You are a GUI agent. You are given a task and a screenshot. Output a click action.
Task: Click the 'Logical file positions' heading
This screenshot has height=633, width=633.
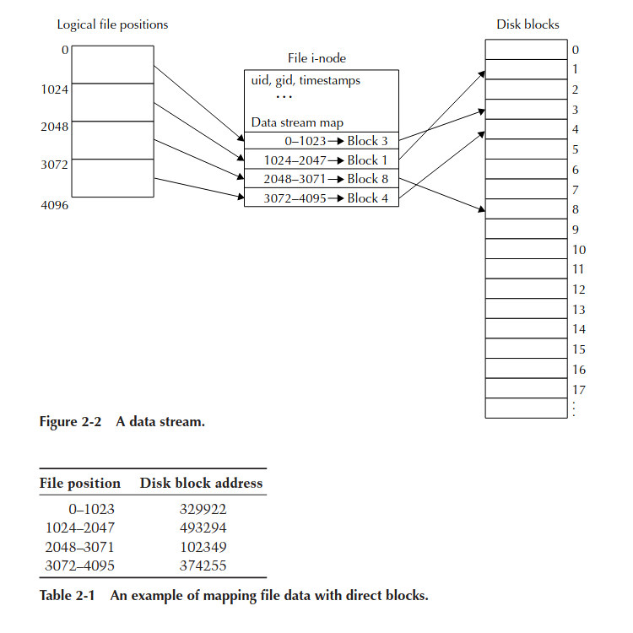tap(112, 24)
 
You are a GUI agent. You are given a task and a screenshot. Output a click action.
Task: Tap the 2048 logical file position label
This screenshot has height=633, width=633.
tap(55, 127)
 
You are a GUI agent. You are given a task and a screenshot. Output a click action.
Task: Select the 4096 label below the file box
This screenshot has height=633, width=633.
tap(55, 205)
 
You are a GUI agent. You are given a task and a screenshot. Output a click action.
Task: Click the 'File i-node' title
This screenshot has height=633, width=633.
tap(316, 58)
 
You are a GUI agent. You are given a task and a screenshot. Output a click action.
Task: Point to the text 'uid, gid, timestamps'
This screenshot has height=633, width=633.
tap(306, 80)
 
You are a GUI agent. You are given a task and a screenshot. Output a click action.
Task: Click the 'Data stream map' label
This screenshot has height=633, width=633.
tap(297, 122)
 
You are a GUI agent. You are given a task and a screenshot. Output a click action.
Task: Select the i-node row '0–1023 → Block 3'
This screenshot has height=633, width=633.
tap(322, 140)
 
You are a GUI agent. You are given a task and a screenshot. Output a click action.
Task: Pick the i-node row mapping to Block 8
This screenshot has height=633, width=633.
tap(322, 178)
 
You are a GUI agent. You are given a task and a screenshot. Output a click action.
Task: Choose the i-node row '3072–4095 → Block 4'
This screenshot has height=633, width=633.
tap(322, 197)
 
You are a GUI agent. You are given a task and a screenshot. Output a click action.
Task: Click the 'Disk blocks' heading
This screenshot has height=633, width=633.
tap(527, 24)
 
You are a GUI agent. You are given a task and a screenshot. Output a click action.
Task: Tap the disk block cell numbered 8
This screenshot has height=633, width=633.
tap(526, 208)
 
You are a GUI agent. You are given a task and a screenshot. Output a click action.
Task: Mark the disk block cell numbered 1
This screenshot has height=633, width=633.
tap(526, 69)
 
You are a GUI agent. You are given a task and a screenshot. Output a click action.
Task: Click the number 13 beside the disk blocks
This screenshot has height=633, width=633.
tap(579, 310)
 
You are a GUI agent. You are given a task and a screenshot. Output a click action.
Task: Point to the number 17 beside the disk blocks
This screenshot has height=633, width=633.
tap(579, 390)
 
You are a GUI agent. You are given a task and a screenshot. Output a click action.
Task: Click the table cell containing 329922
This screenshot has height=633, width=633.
tap(203, 509)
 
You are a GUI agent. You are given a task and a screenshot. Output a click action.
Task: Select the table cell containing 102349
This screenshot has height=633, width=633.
tap(203, 547)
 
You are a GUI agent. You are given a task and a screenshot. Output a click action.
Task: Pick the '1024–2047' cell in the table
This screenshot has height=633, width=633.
tap(80, 527)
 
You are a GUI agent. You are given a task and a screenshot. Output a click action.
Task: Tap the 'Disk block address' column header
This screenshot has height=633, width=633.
tap(201, 484)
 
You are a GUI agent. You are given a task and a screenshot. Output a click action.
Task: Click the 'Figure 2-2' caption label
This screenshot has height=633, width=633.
tap(70, 422)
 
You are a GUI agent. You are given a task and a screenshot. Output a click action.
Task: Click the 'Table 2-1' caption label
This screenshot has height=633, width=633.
tap(67, 596)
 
